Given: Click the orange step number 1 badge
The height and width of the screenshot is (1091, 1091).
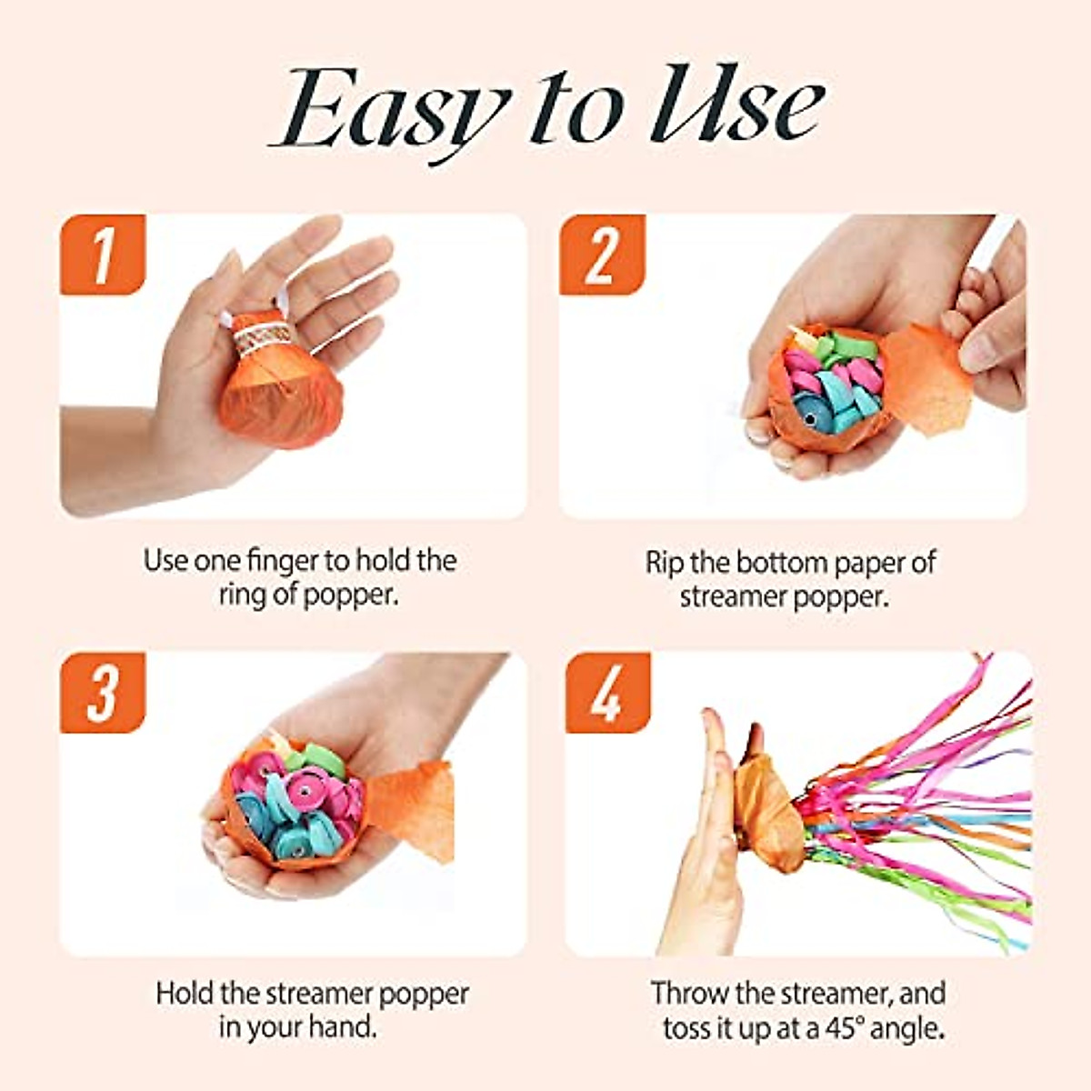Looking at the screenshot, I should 103,255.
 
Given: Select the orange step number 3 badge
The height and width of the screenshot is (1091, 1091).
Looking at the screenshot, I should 103,692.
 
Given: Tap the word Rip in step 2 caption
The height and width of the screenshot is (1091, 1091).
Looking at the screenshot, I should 665,563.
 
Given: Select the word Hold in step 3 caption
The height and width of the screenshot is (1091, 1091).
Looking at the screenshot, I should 182,993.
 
